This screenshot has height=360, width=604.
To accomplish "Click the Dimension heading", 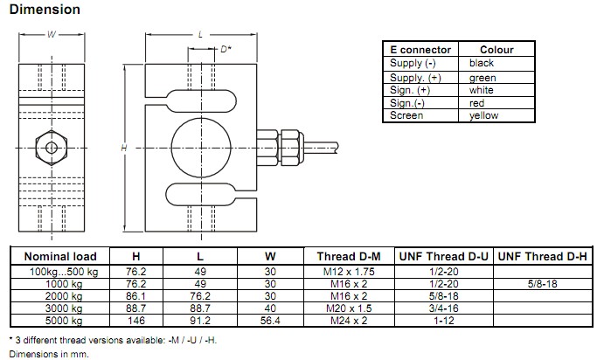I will tap(45, 10).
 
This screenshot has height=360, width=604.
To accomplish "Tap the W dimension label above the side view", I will tap(51, 36).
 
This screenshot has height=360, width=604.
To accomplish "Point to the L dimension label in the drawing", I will tap(200, 34).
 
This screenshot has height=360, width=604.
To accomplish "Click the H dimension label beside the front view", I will tap(125, 149).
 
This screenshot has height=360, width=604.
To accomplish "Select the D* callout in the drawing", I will tap(224, 50).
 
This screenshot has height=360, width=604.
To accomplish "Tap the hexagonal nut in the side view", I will tap(52, 145).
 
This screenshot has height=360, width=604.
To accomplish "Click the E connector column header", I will tap(420, 50).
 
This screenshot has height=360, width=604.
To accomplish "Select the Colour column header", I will tap(496, 50).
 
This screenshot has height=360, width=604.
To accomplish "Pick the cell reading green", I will tap(483, 78).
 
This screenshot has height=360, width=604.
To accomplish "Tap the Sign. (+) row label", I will tap(410, 90).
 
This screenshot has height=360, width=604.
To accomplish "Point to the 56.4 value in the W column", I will tap(270, 321).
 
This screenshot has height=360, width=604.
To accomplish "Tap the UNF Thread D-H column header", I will tap(546, 256).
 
